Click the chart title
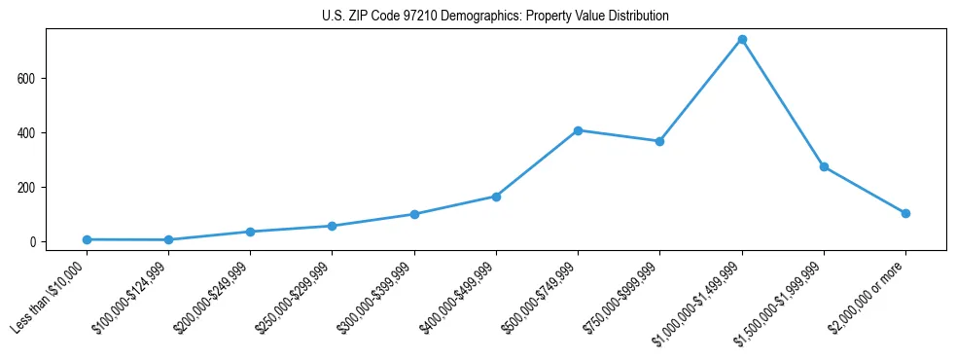(495, 17)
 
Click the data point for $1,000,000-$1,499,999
(742, 40)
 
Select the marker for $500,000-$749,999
(578, 130)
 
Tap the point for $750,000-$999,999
(659, 141)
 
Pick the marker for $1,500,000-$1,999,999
(824, 167)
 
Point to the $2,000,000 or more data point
(905, 213)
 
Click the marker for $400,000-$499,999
(496, 197)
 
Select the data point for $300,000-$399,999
(414, 214)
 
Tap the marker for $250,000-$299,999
(333, 226)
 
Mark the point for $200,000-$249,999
(251, 232)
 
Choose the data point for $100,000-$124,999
(168, 239)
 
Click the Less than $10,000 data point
(87, 239)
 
